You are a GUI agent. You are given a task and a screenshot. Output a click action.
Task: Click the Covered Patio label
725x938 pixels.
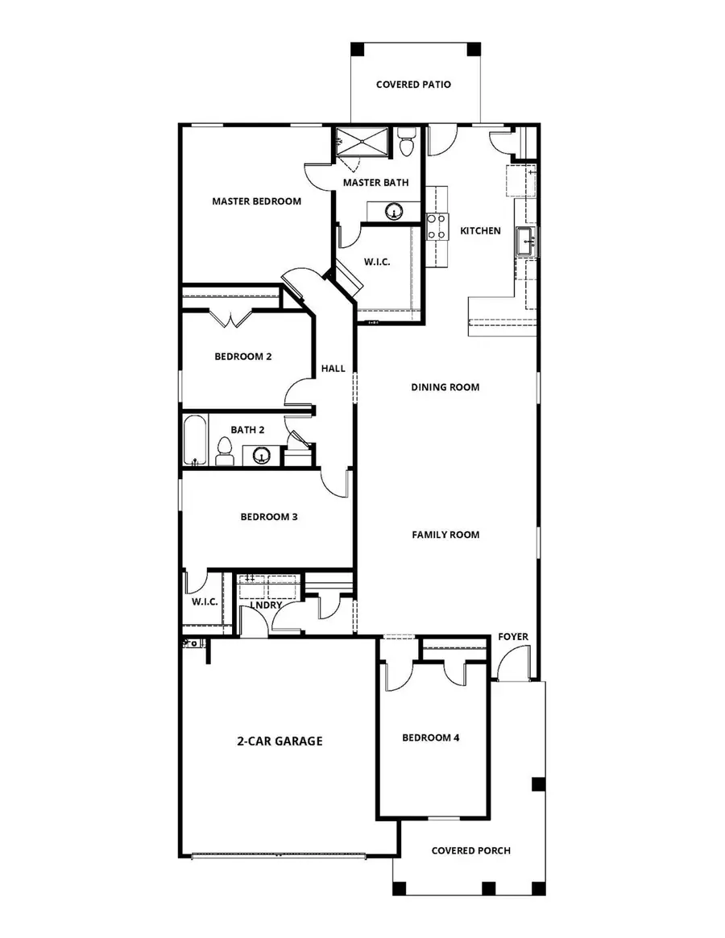click(x=413, y=84)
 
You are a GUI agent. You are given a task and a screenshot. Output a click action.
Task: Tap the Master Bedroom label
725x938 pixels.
click(x=256, y=201)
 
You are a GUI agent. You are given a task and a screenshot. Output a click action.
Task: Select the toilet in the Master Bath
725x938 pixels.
click(x=406, y=143)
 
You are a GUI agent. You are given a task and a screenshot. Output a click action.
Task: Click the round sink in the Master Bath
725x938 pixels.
click(x=393, y=212)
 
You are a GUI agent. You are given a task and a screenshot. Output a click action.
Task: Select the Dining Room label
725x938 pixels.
click(x=445, y=387)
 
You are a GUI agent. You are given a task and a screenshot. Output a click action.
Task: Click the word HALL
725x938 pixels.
click(x=333, y=369)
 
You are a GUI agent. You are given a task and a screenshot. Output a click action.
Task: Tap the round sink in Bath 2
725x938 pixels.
click(x=261, y=456)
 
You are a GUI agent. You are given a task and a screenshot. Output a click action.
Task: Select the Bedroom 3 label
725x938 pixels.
click(x=269, y=517)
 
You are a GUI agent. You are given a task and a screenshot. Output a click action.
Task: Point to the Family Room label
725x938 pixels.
click(x=445, y=535)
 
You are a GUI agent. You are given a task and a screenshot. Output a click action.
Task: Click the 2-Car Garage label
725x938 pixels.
click(x=280, y=741)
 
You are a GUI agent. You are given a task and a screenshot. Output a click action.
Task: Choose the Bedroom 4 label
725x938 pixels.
click(x=430, y=738)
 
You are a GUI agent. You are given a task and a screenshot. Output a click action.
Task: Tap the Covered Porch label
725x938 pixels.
click(x=470, y=850)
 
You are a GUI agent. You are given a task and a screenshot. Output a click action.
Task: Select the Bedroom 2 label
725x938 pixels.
click(x=242, y=356)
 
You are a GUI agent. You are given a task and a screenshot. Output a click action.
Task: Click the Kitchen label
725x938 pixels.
click(x=480, y=231)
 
